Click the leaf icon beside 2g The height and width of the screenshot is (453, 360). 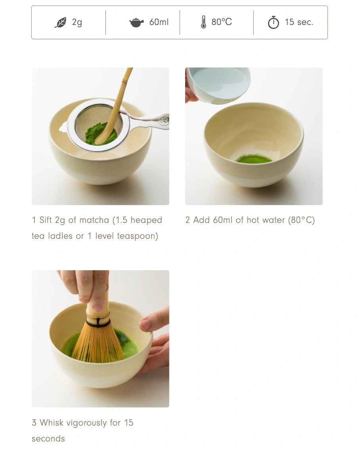pos(61,23)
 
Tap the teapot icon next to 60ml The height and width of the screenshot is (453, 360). pos(136,23)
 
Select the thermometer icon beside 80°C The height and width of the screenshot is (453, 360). pos(203,22)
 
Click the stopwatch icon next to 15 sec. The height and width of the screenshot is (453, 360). pos(273,23)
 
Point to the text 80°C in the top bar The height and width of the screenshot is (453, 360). pos(222,22)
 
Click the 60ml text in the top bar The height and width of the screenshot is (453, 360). pos(159,22)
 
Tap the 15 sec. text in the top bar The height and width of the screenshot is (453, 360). pos(299,22)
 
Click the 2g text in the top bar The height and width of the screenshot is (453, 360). pos(77,22)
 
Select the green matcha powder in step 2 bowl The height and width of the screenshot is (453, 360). pos(254,159)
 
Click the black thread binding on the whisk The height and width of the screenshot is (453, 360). pos(98,323)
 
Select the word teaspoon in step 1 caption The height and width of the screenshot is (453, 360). pos(137,236)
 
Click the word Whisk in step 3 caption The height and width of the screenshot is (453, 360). pos(52,423)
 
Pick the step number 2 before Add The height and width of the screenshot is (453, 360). pos(188,220)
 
